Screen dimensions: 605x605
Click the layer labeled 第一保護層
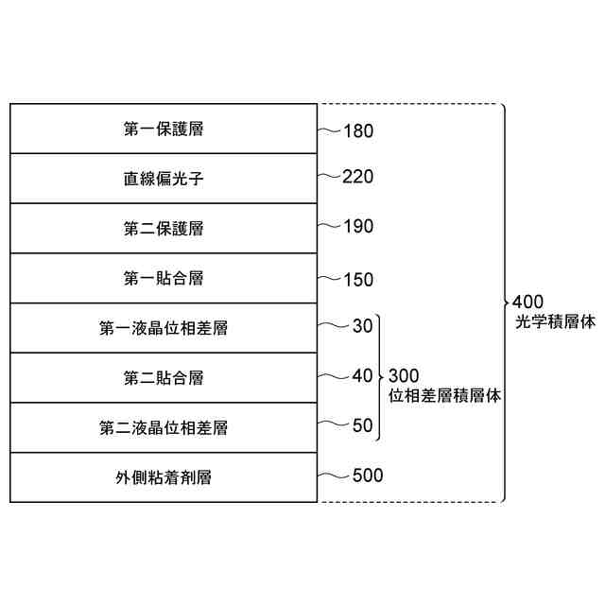[164, 129]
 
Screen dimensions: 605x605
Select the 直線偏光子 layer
[164, 179]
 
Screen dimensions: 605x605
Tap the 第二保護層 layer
[164, 229]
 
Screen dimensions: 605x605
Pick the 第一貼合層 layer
[164, 279]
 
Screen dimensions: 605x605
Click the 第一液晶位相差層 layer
[164, 329]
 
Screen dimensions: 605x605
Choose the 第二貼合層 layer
[164, 378]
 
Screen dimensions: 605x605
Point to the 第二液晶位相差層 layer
[164, 428]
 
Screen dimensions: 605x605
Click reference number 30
[362, 327]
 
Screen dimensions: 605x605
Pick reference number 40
[362, 375]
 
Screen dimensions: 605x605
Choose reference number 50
[362, 425]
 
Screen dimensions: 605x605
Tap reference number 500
[367, 475]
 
